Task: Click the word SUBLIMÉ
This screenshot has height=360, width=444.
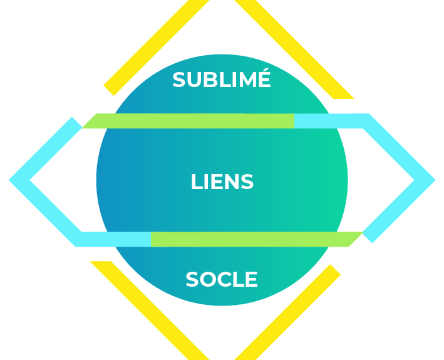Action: (x=222, y=80)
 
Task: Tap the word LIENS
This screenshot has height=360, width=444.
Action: (x=222, y=182)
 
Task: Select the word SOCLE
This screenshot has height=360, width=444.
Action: (x=222, y=280)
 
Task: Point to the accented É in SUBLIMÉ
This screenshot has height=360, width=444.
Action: (x=263, y=79)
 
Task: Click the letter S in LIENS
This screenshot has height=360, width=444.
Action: (x=246, y=182)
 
